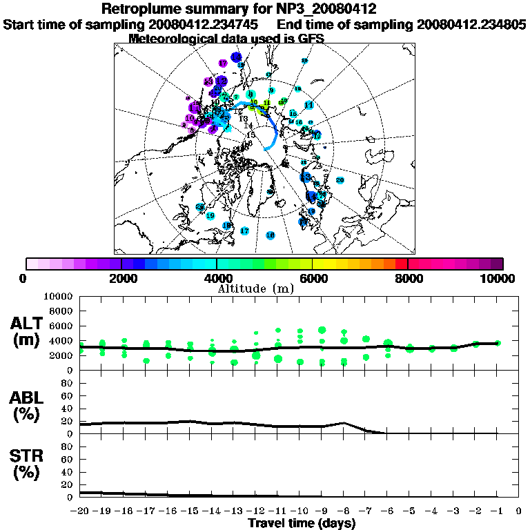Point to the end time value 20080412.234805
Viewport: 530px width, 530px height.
[x=471, y=24]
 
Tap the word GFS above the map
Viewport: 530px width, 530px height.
[x=310, y=39]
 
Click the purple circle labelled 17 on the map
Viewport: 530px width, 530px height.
[x=222, y=63]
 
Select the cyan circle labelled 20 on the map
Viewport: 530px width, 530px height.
[x=340, y=180]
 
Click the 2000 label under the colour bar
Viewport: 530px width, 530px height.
[x=121, y=278]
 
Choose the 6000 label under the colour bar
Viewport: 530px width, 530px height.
[x=313, y=278]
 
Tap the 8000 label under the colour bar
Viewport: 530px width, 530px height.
[x=408, y=278]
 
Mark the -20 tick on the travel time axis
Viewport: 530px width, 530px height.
[x=80, y=511]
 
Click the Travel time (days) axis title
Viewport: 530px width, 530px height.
[x=301, y=523]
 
